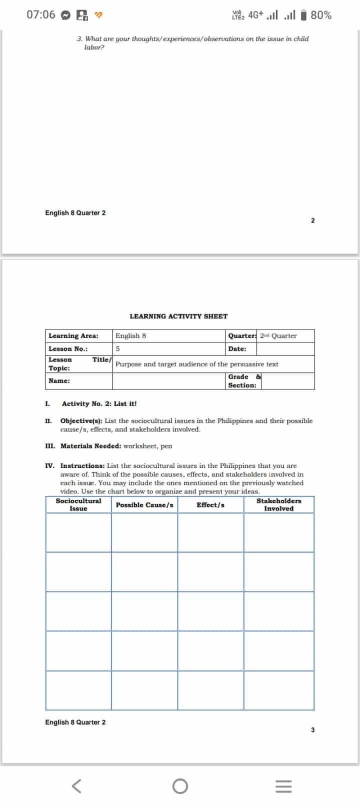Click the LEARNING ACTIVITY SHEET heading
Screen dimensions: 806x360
[x=178, y=316]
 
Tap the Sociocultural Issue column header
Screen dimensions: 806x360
[x=78, y=504]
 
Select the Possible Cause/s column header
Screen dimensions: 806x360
[x=144, y=505]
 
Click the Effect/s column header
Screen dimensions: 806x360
[x=210, y=505]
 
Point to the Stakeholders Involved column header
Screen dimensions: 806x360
[x=279, y=504]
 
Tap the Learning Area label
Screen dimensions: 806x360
[x=73, y=336]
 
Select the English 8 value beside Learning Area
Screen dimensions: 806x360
[x=131, y=336]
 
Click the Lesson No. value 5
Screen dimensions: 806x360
[x=118, y=349]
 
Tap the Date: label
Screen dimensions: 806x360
[x=237, y=349]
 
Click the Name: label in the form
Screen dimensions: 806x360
[x=59, y=381]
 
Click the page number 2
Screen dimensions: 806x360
[x=313, y=220]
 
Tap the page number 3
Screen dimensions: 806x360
[x=313, y=730]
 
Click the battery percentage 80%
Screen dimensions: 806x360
[x=321, y=15]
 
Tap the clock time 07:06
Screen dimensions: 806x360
[x=41, y=15]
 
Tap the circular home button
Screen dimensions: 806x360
[x=180, y=786]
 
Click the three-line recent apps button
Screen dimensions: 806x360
[x=283, y=786]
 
